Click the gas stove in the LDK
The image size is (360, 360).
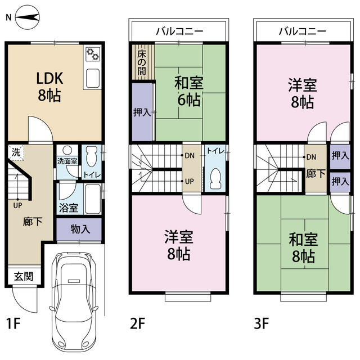point(92,55)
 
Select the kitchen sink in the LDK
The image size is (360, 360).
point(92,78)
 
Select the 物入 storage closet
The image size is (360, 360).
point(79,228)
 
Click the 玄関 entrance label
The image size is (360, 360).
point(23,276)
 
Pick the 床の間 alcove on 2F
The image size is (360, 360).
point(142,62)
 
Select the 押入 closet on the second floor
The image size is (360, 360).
point(142,112)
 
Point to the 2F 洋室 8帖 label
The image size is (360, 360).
point(177,245)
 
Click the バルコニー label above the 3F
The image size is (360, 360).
point(302,31)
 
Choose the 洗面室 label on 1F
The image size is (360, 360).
point(68,161)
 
